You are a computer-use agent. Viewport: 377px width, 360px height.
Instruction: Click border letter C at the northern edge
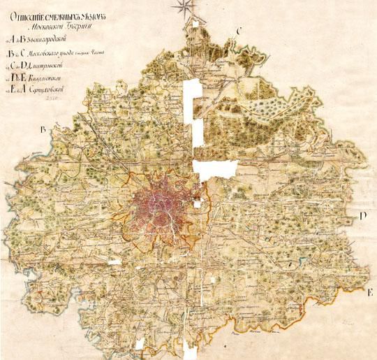click(239, 31)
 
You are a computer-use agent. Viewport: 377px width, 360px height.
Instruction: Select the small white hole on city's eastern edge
click(198, 204)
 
